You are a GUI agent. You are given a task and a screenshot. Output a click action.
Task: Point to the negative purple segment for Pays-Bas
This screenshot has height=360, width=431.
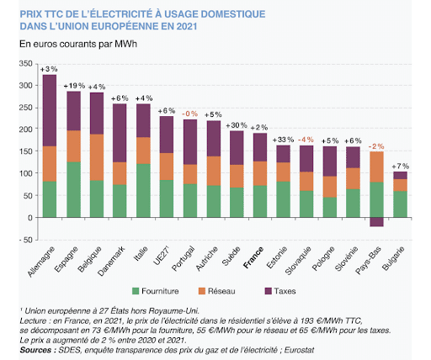(376, 222)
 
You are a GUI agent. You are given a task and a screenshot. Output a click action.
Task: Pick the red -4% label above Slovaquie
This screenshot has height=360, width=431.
(306, 139)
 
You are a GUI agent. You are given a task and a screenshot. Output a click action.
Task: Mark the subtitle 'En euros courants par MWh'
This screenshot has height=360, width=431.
(79, 43)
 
